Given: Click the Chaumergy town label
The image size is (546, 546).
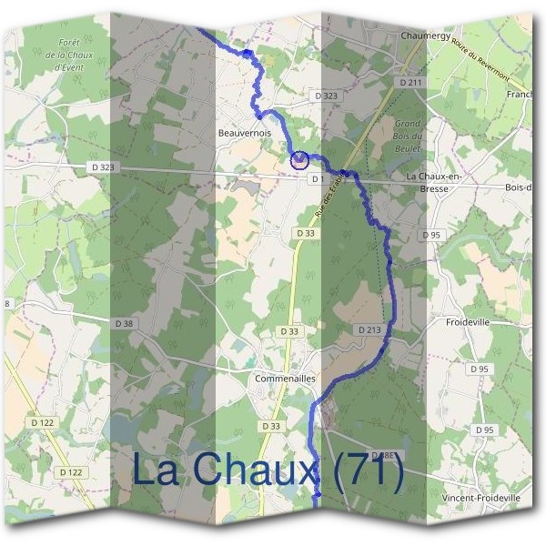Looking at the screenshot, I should pos(426,35).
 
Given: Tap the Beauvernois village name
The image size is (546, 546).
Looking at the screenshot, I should pos(245,132).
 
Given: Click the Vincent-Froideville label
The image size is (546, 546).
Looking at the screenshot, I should pos(480,499).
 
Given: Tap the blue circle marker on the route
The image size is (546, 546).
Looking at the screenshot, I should pos(298,160).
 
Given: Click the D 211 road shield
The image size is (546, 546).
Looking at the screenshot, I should pos(411,83).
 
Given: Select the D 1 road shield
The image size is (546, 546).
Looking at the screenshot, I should pos(317,179).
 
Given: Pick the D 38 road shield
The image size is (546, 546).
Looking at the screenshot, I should pos(125,323).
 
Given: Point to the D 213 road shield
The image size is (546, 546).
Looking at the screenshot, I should pos(369,329).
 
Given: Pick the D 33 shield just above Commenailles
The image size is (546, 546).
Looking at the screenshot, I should pos(289,332).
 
